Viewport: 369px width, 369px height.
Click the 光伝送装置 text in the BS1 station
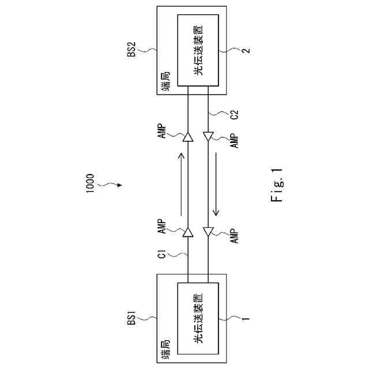point(198,319)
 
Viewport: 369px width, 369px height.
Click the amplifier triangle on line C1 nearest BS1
point(188,234)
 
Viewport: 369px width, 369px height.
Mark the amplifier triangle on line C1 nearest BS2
point(188,137)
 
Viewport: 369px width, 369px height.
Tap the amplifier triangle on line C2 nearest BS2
point(208,136)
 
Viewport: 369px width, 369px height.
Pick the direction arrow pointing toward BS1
point(216,184)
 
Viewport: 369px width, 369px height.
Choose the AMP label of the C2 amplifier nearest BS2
point(234,141)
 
